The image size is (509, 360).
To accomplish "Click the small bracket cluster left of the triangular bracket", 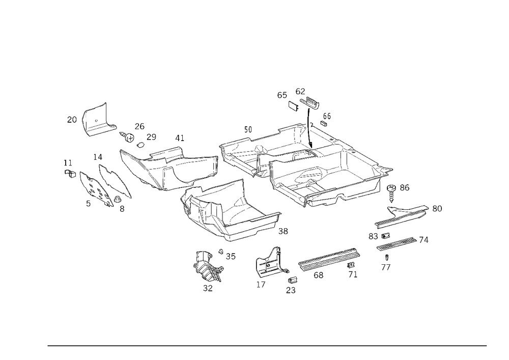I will [x=208, y=267].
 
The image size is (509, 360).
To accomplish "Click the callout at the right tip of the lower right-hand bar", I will [x=426, y=240].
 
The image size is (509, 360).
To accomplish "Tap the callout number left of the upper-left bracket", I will [x=71, y=119].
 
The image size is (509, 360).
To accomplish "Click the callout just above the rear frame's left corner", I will [x=248, y=131].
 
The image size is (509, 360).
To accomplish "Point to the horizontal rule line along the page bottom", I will [x=267, y=345].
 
